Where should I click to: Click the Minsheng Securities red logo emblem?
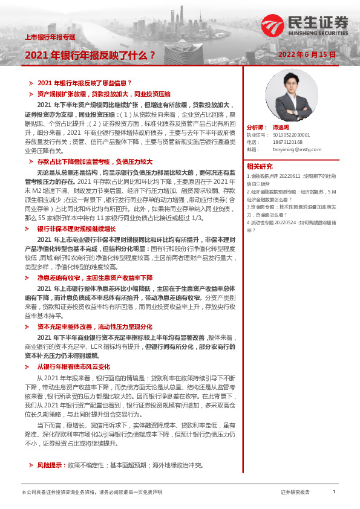[270, 24]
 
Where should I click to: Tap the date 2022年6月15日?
[307, 54]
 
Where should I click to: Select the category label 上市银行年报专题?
[50, 37]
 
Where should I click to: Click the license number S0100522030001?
[291, 135]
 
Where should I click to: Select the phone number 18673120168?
[287, 142]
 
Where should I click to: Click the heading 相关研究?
[260, 166]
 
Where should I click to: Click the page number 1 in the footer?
[333, 492]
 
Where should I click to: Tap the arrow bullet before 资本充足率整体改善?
[31, 326]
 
